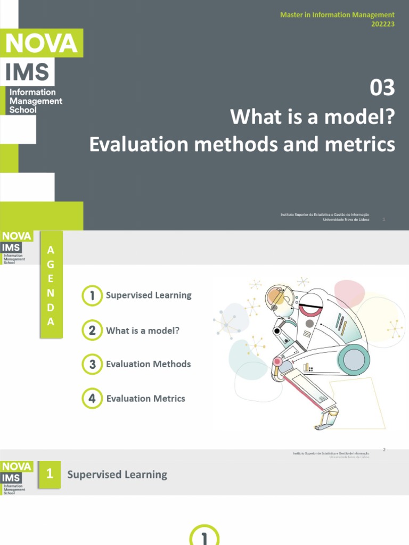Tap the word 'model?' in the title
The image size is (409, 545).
point(366,117)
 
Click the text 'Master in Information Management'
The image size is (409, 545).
point(337,15)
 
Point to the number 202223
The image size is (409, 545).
point(382,24)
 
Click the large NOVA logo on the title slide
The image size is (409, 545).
point(42,43)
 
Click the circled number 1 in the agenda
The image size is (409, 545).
point(92,296)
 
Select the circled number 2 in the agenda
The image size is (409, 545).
point(92,331)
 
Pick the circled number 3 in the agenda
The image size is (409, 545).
point(92,365)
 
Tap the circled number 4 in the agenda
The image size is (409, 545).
point(92,399)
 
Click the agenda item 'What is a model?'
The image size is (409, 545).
point(143,331)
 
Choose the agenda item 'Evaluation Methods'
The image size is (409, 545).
point(148,364)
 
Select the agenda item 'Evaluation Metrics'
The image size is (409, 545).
point(145,398)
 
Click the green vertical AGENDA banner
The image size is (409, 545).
point(51,285)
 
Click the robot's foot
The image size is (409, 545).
point(325,425)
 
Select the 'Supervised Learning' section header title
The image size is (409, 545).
point(117,474)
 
